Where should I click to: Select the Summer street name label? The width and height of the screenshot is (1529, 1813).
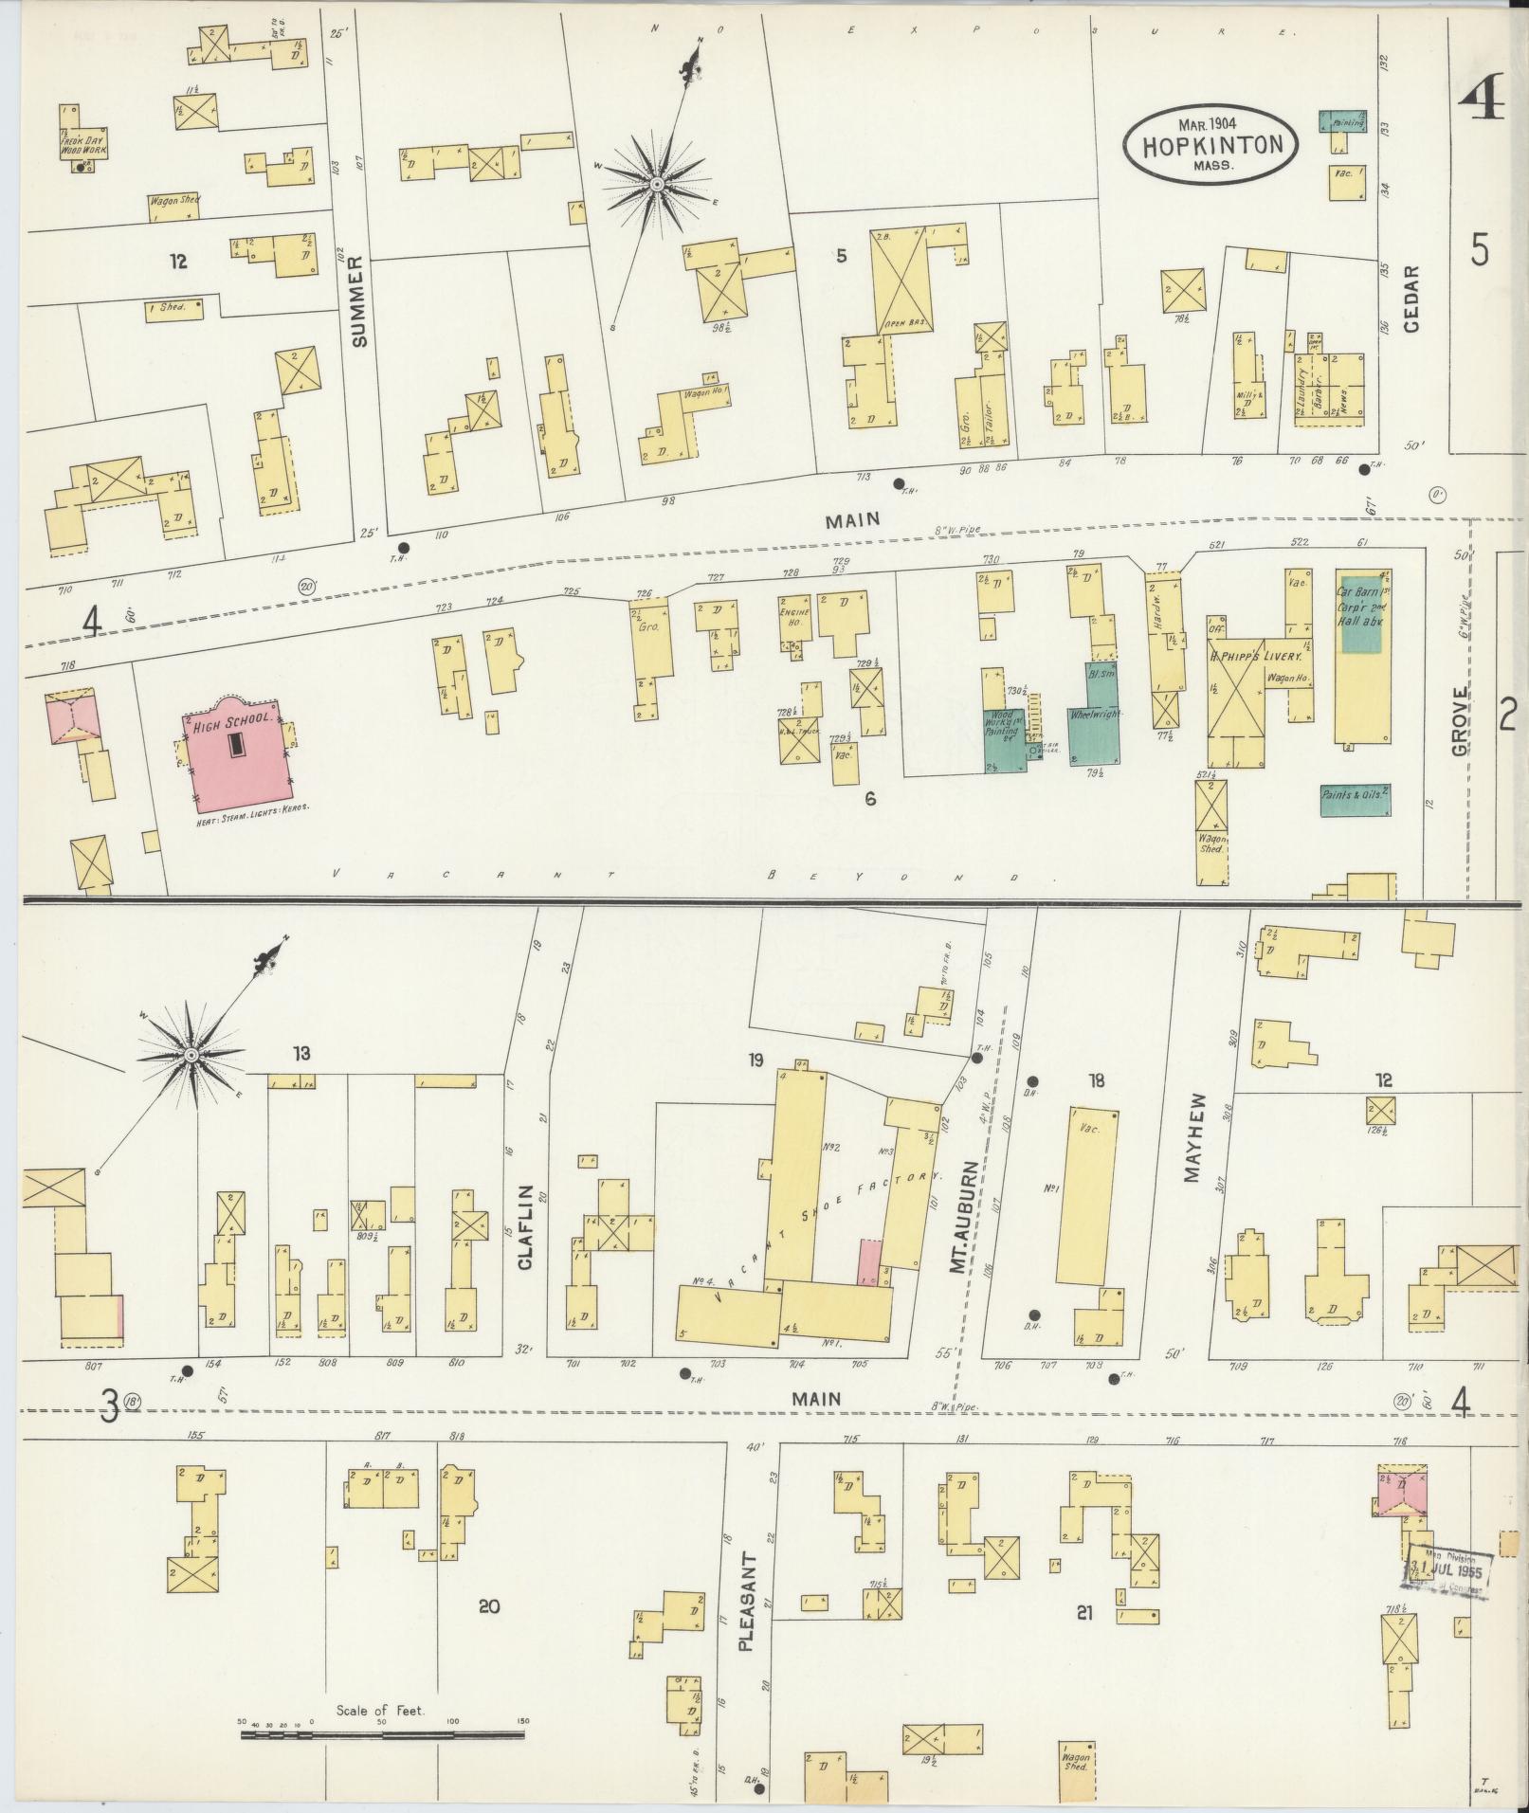point(359,302)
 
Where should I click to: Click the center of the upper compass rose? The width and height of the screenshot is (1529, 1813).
point(657,183)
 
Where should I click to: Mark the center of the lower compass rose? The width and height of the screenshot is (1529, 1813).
point(191,1056)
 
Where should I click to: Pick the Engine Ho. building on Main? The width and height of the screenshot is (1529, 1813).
point(793,621)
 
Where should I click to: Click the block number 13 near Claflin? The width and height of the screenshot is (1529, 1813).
point(301,1053)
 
